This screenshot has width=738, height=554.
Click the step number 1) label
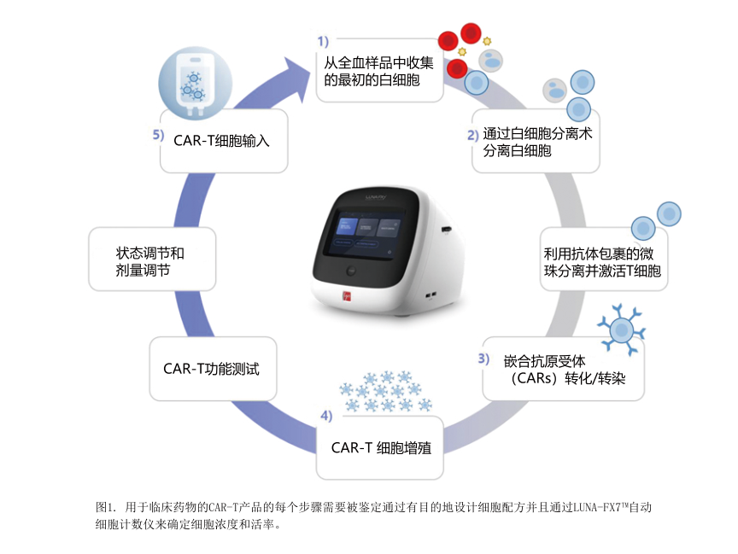tap(323, 40)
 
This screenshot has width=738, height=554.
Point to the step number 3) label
tap(483, 359)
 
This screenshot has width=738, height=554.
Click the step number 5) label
tap(158, 135)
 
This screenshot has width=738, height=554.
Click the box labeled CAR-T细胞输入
tap(221, 141)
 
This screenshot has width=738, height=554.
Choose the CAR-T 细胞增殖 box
tap(380, 447)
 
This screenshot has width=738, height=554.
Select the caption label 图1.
tap(106, 507)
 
